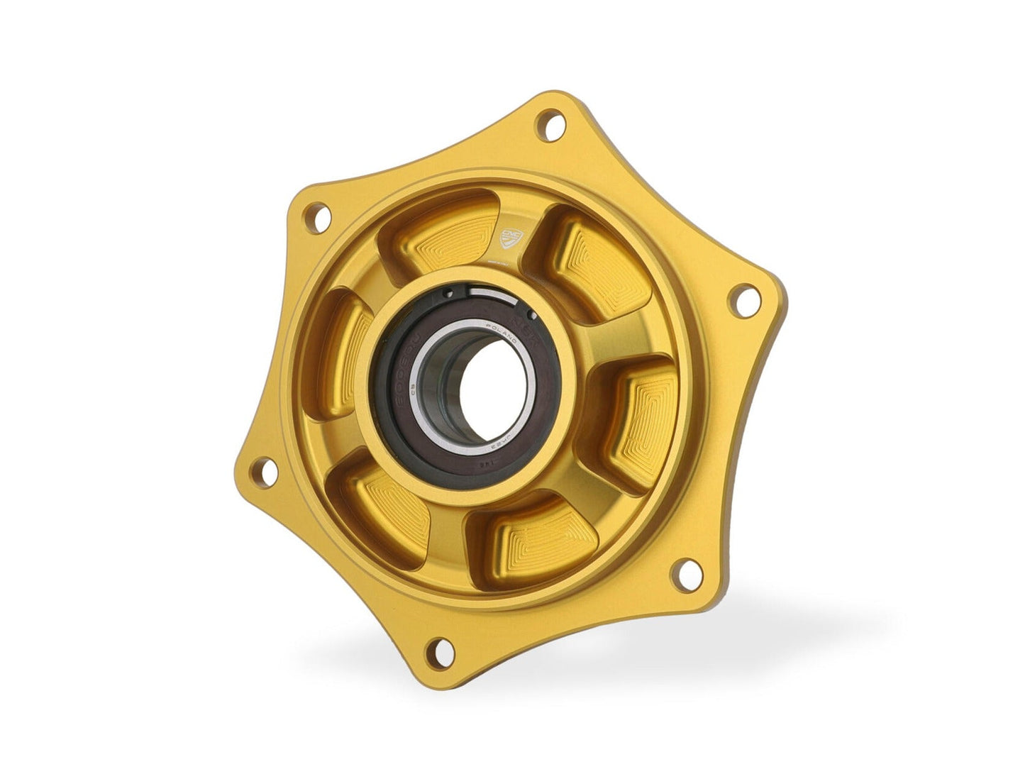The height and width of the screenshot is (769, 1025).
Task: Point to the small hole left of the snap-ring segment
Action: point(448,292)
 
